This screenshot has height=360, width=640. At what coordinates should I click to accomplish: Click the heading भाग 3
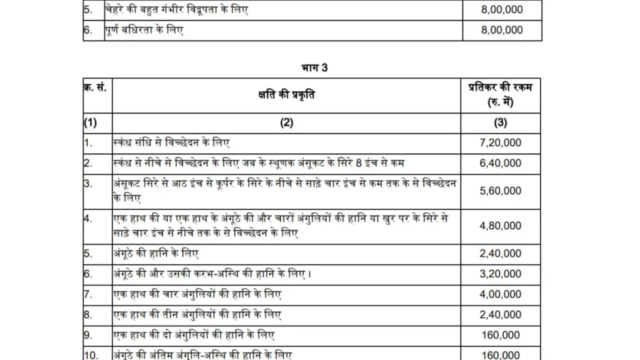[315, 67]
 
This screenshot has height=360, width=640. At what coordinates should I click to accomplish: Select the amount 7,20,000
[500, 143]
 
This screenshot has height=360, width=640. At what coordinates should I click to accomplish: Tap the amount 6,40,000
[500, 163]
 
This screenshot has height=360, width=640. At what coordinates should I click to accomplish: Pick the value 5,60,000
[500, 191]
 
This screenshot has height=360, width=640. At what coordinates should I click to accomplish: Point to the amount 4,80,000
[500, 226]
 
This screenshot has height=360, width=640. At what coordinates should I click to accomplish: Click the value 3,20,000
[500, 274]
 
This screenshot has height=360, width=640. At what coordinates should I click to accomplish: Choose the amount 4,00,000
[500, 294]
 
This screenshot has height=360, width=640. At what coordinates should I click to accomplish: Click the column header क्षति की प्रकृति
[286, 95]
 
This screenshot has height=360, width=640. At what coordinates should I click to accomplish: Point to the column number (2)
[286, 123]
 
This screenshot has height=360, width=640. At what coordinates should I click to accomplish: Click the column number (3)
[500, 123]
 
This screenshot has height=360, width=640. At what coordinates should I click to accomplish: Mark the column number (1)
[90, 123]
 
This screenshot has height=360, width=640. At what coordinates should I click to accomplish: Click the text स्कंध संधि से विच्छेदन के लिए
[172, 143]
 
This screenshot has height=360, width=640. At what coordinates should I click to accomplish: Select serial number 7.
[88, 294]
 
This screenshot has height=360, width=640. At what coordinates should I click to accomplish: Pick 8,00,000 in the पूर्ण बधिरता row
[501, 30]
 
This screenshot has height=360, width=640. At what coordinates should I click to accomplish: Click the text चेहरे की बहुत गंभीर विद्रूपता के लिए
[176, 10]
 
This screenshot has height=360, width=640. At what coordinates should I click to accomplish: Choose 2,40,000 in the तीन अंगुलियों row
[500, 315]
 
